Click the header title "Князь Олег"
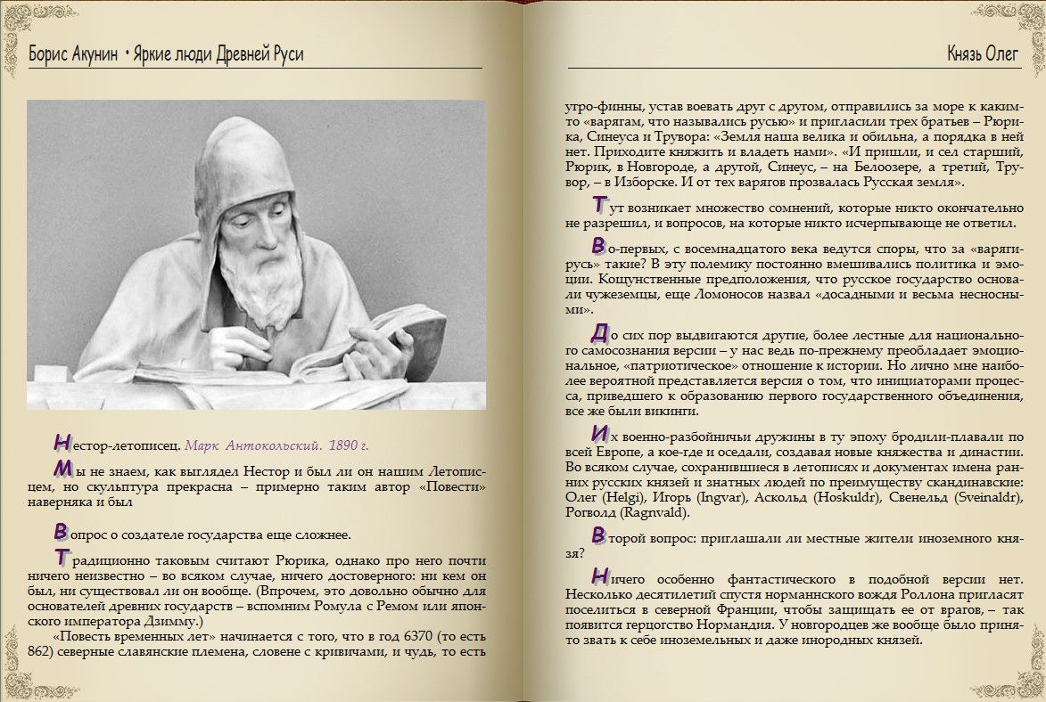tap(982, 54)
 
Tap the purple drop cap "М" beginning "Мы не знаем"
tap(62, 468)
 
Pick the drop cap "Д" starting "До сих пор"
tap(600, 333)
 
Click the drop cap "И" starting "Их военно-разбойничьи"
tap(600, 435)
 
